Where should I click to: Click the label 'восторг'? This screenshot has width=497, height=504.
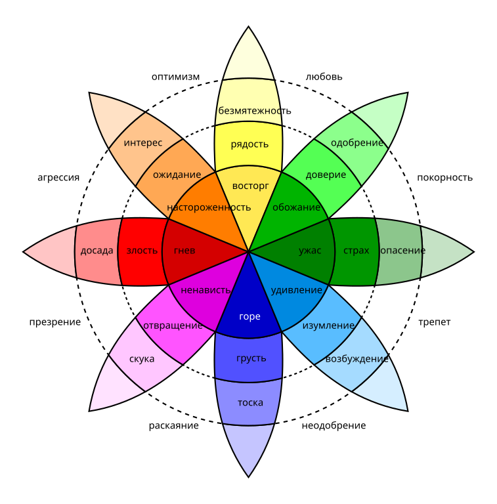tap(251, 186)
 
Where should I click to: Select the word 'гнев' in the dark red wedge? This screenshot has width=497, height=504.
tap(184, 251)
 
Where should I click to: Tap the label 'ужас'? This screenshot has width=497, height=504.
tap(310, 251)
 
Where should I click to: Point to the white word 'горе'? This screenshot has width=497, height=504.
tap(249, 317)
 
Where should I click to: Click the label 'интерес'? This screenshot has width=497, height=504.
tap(142, 142)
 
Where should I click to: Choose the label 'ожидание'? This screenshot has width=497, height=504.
tap(177, 175)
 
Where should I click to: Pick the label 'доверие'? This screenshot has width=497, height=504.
tap(326, 175)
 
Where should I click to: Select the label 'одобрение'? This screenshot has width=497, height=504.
tap(357, 143)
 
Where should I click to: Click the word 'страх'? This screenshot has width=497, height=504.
tap(356, 251)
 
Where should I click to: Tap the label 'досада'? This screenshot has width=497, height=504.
tap(97, 251)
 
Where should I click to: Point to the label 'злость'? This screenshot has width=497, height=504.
tap(142, 251)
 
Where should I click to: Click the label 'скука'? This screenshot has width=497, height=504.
tap(142, 359)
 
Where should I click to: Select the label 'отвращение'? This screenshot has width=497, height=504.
tap(173, 325)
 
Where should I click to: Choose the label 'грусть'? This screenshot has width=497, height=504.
tap(251, 358)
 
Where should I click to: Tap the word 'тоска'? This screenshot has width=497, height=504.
tap(250, 403)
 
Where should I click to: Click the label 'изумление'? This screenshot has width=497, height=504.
tap(328, 325)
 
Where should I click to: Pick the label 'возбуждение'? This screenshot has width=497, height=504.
tap(357, 359)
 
